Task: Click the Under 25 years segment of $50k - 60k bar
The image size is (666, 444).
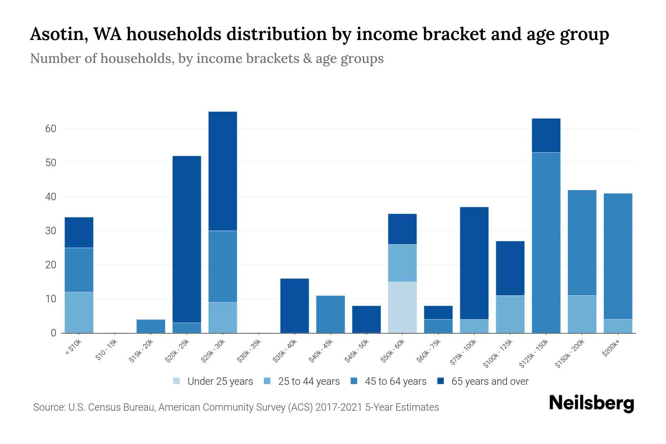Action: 402,307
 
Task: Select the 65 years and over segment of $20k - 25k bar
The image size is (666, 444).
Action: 187,239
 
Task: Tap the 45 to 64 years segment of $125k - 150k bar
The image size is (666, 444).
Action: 546,242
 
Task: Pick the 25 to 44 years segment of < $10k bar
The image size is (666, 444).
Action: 79,312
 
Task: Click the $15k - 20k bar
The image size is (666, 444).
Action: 151,326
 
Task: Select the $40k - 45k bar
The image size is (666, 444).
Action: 330,314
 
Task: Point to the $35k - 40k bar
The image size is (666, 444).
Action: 295,306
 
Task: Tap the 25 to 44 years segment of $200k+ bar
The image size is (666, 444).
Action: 618,326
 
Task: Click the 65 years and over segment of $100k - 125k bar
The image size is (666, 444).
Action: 510,268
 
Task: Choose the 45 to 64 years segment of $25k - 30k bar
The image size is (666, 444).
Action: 223,266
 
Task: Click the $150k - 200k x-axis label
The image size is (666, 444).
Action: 570,354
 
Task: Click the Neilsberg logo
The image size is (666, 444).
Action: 591,403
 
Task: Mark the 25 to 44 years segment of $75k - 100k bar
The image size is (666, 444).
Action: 474,326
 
